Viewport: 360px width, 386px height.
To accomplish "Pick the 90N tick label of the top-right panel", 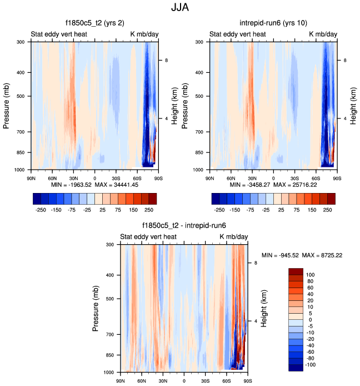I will point(209,178).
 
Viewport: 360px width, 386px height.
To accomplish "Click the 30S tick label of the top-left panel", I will point(116,178).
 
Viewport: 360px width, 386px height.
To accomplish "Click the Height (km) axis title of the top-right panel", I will point(353,105).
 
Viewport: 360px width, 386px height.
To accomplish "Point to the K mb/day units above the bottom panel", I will point(234,237).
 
